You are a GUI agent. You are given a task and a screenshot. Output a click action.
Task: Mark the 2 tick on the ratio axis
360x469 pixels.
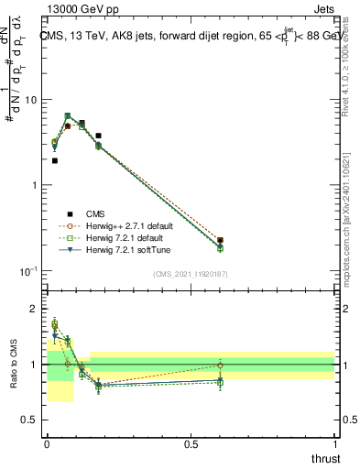point(37,310)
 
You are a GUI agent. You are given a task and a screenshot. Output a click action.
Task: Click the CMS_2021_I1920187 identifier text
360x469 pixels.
point(190,273)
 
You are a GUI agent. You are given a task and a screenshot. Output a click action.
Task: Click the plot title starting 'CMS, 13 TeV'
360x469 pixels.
point(188,37)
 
